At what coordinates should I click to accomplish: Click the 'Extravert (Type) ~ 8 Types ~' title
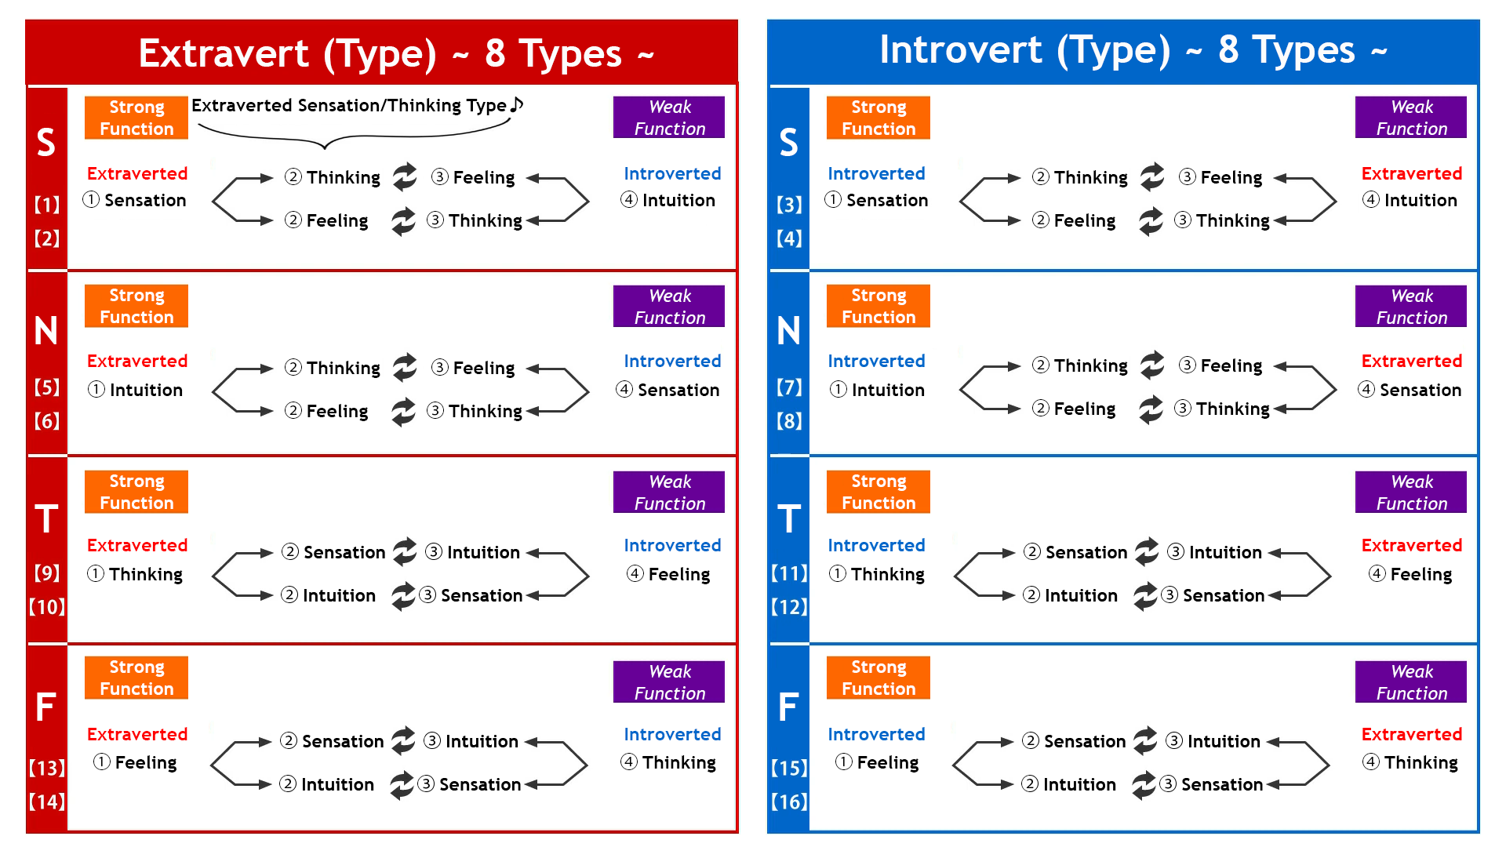click(396, 53)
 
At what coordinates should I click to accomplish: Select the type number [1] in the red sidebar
click(47, 205)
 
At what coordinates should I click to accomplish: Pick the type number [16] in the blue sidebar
click(789, 802)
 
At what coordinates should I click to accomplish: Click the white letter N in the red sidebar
click(46, 331)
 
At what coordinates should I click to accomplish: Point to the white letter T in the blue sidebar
click(789, 519)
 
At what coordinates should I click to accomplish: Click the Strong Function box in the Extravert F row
click(136, 678)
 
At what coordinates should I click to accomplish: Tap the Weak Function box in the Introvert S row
click(1411, 118)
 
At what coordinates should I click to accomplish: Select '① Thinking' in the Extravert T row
click(135, 574)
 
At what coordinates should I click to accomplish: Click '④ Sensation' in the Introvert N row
click(1410, 390)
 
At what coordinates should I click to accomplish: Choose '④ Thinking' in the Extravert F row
click(668, 762)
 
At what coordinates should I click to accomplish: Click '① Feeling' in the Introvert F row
click(877, 762)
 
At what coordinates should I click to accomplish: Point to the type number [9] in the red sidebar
click(47, 573)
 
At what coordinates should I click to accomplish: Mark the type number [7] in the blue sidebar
click(789, 387)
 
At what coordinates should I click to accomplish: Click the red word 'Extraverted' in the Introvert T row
click(1411, 545)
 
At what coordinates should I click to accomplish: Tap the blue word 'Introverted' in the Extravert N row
click(672, 361)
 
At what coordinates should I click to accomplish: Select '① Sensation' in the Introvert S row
click(876, 200)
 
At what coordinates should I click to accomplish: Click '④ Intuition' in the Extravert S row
click(668, 200)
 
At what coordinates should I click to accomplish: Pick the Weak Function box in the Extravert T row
click(669, 493)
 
